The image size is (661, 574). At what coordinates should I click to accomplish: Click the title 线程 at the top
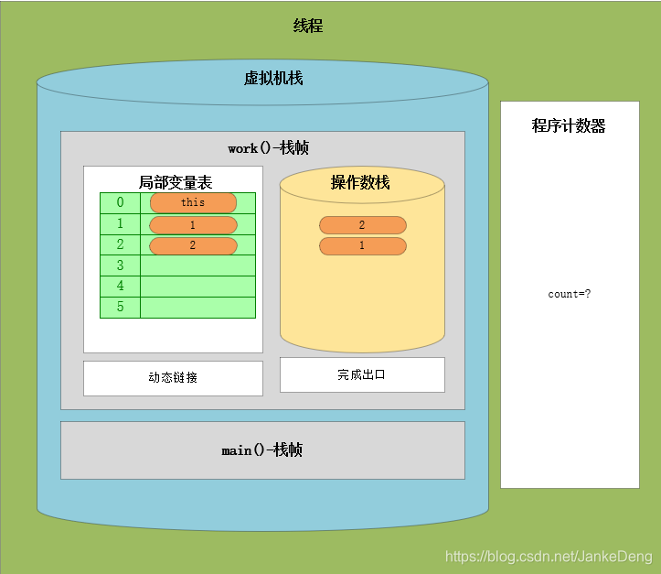click(308, 27)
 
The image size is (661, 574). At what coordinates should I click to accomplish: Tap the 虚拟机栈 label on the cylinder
click(272, 79)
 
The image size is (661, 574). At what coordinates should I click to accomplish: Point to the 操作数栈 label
click(360, 183)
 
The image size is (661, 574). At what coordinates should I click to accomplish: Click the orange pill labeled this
click(193, 202)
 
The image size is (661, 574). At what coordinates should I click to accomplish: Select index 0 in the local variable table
click(120, 202)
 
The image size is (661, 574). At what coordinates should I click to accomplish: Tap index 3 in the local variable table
click(120, 265)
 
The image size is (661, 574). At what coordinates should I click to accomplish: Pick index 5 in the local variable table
click(120, 308)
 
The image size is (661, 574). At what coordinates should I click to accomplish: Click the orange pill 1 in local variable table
click(193, 224)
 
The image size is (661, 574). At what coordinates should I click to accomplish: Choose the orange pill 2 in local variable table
click(193, 245)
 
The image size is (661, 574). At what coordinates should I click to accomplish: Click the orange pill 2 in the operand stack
click(362, 224)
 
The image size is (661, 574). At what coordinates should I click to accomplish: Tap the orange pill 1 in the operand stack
click(362, 245)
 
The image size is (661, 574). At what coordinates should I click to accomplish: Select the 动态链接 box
click(173, 378)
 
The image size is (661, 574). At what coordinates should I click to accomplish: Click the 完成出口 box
click(362, 374)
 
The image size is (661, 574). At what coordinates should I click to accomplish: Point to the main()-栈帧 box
click(262, 450)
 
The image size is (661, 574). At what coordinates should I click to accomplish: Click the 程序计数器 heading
click(569, 126)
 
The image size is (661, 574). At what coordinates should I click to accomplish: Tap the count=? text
click(569, 294)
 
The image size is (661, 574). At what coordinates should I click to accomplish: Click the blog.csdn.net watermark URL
click(548, 556)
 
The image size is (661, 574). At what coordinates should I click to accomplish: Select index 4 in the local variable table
click(120, 287)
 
